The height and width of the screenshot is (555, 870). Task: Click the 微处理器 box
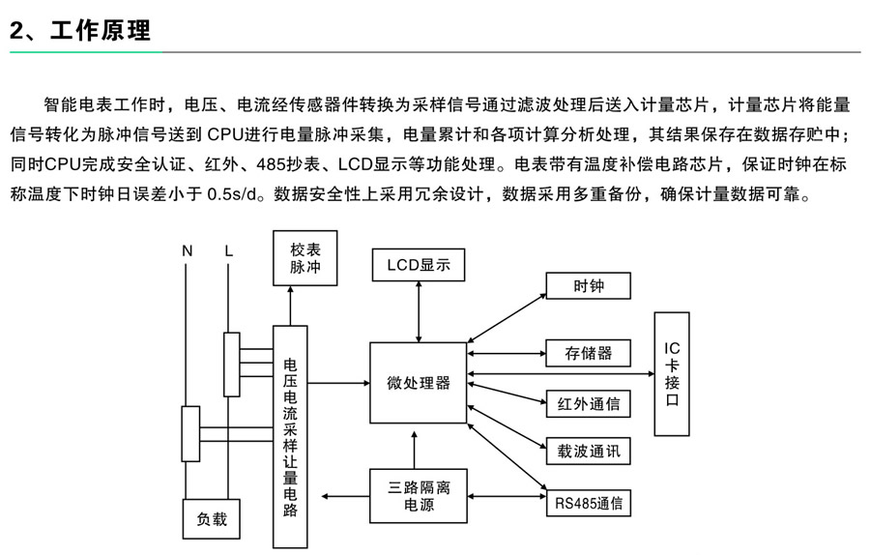click(418, 382)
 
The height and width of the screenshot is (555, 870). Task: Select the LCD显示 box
click(418, 264)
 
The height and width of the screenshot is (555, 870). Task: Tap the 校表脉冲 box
click(305, 258)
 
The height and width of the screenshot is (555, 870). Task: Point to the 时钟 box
click(588, 285)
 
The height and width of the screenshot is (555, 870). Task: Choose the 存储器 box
click(588, 353)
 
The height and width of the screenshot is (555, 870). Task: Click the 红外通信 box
click(588, 403)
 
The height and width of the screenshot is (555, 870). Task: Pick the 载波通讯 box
click(588, 452)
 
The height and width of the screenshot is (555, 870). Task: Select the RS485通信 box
click(588, 503)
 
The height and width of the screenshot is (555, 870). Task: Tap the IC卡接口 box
click(672, 374)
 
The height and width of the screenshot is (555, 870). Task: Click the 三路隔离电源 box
click(418, 495)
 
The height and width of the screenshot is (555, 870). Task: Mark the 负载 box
click(211, 519)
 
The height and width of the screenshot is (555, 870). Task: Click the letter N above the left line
click(188, 251)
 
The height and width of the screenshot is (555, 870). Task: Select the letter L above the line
click(229, 251)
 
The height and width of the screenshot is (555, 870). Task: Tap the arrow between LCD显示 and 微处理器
click(418, 310)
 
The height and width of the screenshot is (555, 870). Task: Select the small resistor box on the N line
click(189, 433)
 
